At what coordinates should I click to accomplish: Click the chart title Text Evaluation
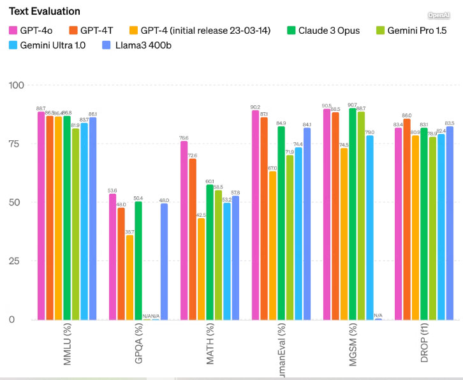[x=45, y=11]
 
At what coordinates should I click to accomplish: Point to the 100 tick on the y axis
[x=15, y=85]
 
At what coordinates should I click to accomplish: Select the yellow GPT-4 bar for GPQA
[x=130, y=277]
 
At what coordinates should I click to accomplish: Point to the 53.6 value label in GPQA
[x=112, y=190]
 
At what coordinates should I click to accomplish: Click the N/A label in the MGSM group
[x=378, y=315]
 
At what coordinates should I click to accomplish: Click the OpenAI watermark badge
[x=439, y=15]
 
